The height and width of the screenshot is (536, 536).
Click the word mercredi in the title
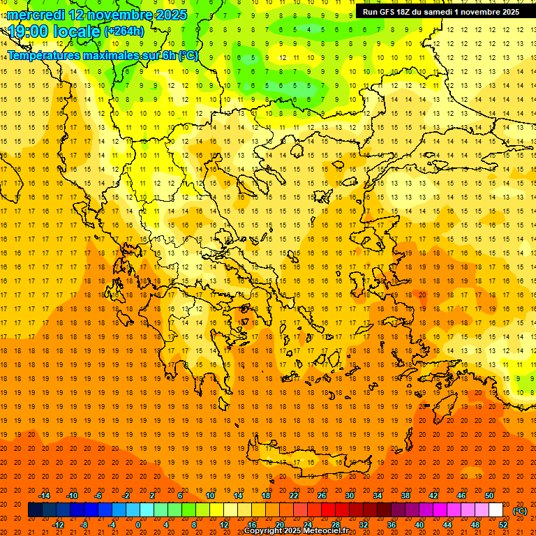coord(36,15)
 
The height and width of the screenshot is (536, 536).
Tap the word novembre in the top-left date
coord(118,15)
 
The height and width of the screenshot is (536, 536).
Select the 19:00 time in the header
coord(27,31)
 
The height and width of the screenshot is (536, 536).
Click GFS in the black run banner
coord(390,12)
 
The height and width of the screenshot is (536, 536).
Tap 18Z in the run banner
coord(409,12)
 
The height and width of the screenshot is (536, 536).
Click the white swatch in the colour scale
coord(496,510)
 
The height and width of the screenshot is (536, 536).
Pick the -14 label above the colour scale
coord(44,496)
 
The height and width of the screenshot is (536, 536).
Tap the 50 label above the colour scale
coord(489,496)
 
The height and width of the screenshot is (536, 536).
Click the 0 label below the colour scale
coord(138,525)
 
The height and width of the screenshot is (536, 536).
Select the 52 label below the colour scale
coord(502,525)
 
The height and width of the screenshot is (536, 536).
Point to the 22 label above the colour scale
coord(294,496)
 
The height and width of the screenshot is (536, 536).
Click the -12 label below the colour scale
coord(58,525)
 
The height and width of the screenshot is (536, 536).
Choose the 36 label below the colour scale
coord(392,525)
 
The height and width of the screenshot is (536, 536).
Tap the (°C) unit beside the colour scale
coord(519,511)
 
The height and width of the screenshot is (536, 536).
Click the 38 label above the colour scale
coord(405,496)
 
